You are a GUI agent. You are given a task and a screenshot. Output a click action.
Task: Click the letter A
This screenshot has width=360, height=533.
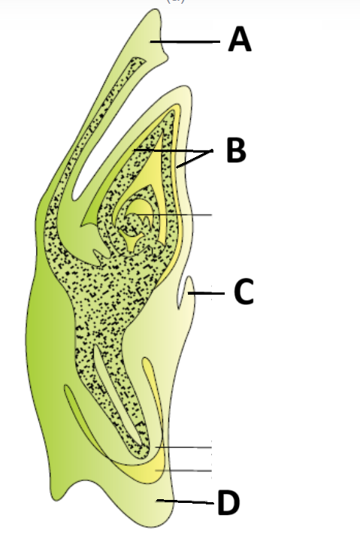point(240,39)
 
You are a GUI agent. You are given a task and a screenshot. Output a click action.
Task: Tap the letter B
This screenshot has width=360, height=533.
point(236,150)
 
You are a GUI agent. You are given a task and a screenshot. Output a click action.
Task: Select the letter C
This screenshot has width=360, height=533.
point(244,292)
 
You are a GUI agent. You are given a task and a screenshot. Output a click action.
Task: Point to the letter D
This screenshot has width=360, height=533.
point(228,503)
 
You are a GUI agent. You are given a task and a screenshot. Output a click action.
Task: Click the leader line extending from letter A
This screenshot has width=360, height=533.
point(186,42)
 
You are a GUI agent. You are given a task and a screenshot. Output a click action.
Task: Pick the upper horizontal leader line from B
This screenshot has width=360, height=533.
point(174,150)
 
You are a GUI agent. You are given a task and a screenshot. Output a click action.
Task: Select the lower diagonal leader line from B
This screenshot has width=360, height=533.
point(194,159)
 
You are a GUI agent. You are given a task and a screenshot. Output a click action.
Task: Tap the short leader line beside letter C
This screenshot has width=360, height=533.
point(206,293)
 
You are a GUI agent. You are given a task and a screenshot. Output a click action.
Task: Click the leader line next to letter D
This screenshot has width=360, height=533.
point(186,501)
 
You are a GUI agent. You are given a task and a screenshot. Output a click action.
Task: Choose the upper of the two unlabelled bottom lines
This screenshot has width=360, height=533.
point(183,447)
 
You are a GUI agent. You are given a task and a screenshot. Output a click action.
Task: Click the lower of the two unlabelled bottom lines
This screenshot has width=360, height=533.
point(183,471)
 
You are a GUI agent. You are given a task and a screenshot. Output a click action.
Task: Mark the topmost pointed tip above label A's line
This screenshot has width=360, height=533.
point(156,10)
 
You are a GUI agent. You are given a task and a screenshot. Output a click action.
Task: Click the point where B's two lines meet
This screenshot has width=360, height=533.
point(212,150)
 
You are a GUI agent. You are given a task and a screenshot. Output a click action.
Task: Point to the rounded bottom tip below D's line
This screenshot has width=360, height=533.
point(160,526)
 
